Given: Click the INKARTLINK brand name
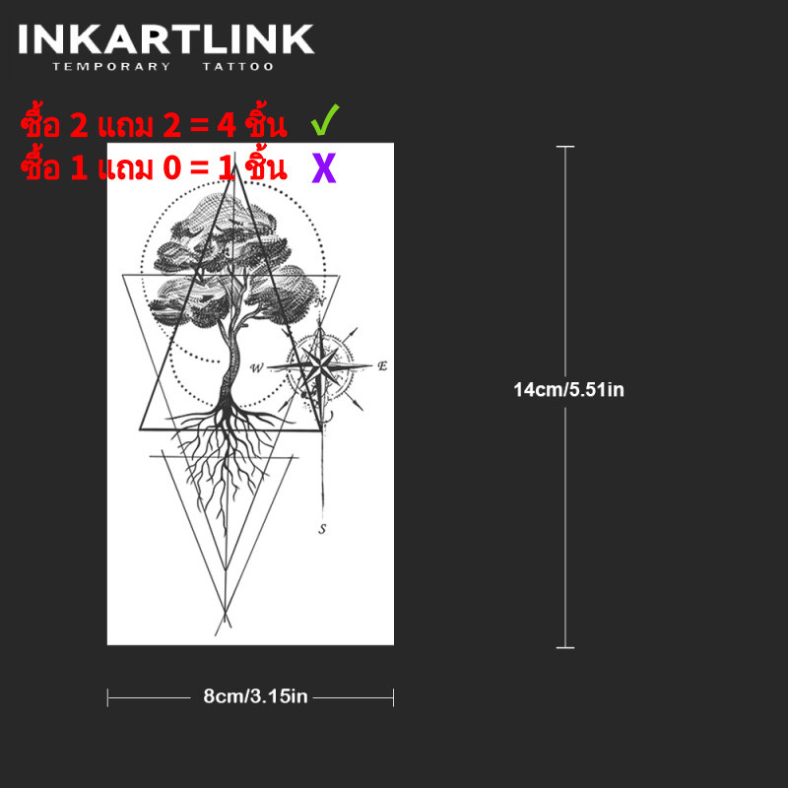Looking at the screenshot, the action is pos(165,39).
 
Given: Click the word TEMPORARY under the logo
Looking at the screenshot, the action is pos(111,67).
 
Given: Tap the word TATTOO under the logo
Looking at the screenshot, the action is pos(238,67).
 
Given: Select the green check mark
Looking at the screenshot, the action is pos(325,119).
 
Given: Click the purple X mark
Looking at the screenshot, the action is pos(324,167).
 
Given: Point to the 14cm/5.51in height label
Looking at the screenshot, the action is pos(568,390).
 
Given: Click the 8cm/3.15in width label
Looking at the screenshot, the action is pos(255,696).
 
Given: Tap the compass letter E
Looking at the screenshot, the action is pos(382,365).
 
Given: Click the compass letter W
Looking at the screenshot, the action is pos(256,367).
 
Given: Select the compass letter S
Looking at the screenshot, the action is pos(322,529).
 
